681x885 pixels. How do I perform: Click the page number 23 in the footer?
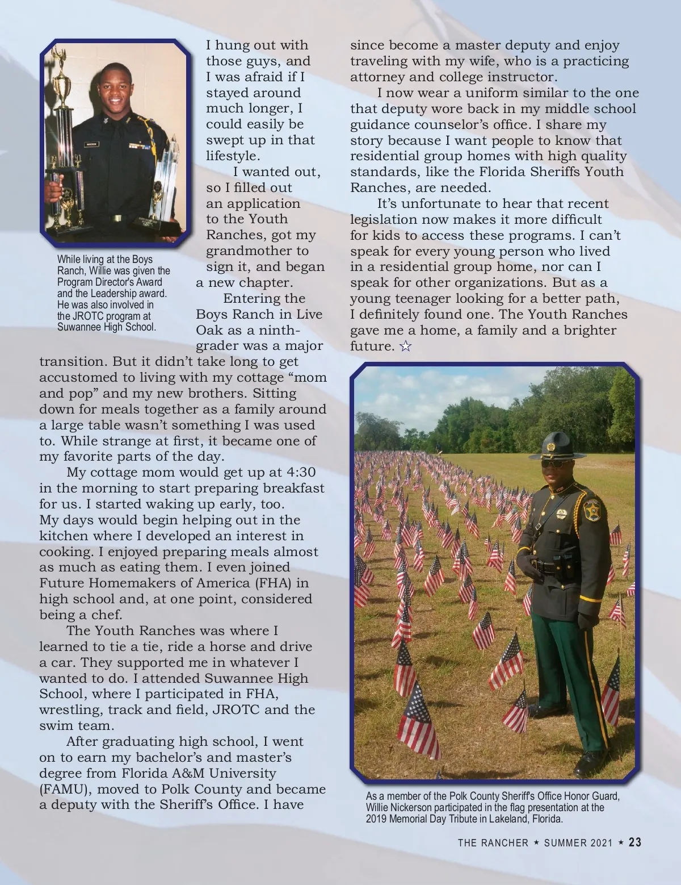pos(634,842)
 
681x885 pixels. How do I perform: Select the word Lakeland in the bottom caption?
pos(505,819)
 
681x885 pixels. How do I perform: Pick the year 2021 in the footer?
pos(601,843)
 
